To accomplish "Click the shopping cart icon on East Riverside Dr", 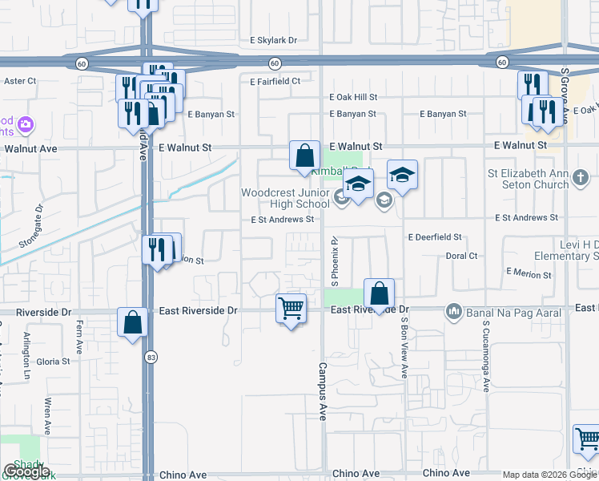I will [x=291, y=308].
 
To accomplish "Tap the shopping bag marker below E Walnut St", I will [x=304, y=156].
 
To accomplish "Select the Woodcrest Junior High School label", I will [x=286, y=198].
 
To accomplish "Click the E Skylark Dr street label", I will [x=273, y=40].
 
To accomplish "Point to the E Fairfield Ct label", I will [x=275, y=81].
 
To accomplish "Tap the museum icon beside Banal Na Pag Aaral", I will [x=454, y=310].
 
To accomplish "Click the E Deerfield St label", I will [x=436, y=237].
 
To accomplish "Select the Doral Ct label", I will [x=461, y=257].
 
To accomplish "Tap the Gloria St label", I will [x=54, y=362].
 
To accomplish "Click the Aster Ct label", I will [x=21, y=81].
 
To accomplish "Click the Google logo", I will [x=26, y=471].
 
